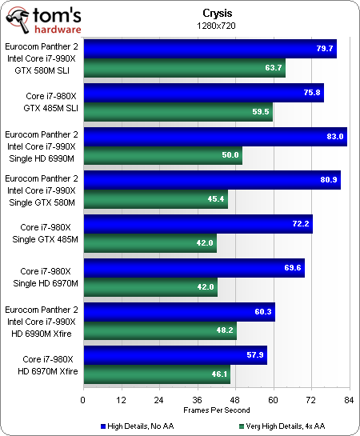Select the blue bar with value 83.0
coord(214,137)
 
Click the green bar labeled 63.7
coord(184,69)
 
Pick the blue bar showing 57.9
coord(174,355)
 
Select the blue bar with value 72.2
coord(198,225)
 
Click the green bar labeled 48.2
coord(159,328)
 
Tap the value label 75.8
coord(313,94)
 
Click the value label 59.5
coord(261,112)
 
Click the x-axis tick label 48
coord(235,399)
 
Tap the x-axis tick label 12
coord(121,399)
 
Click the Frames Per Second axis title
coord(216,410)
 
